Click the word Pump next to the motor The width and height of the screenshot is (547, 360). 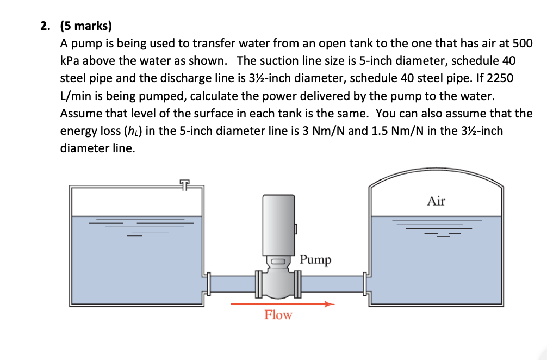pos(315,259)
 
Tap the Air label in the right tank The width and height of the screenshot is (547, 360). pos(436,201)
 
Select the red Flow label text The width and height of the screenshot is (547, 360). pos(278,315)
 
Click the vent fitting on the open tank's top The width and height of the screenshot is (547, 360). pos(185,184)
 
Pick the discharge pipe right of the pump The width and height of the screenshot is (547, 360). pos(332,283)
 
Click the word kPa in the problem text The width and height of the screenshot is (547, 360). pos(70,61)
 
